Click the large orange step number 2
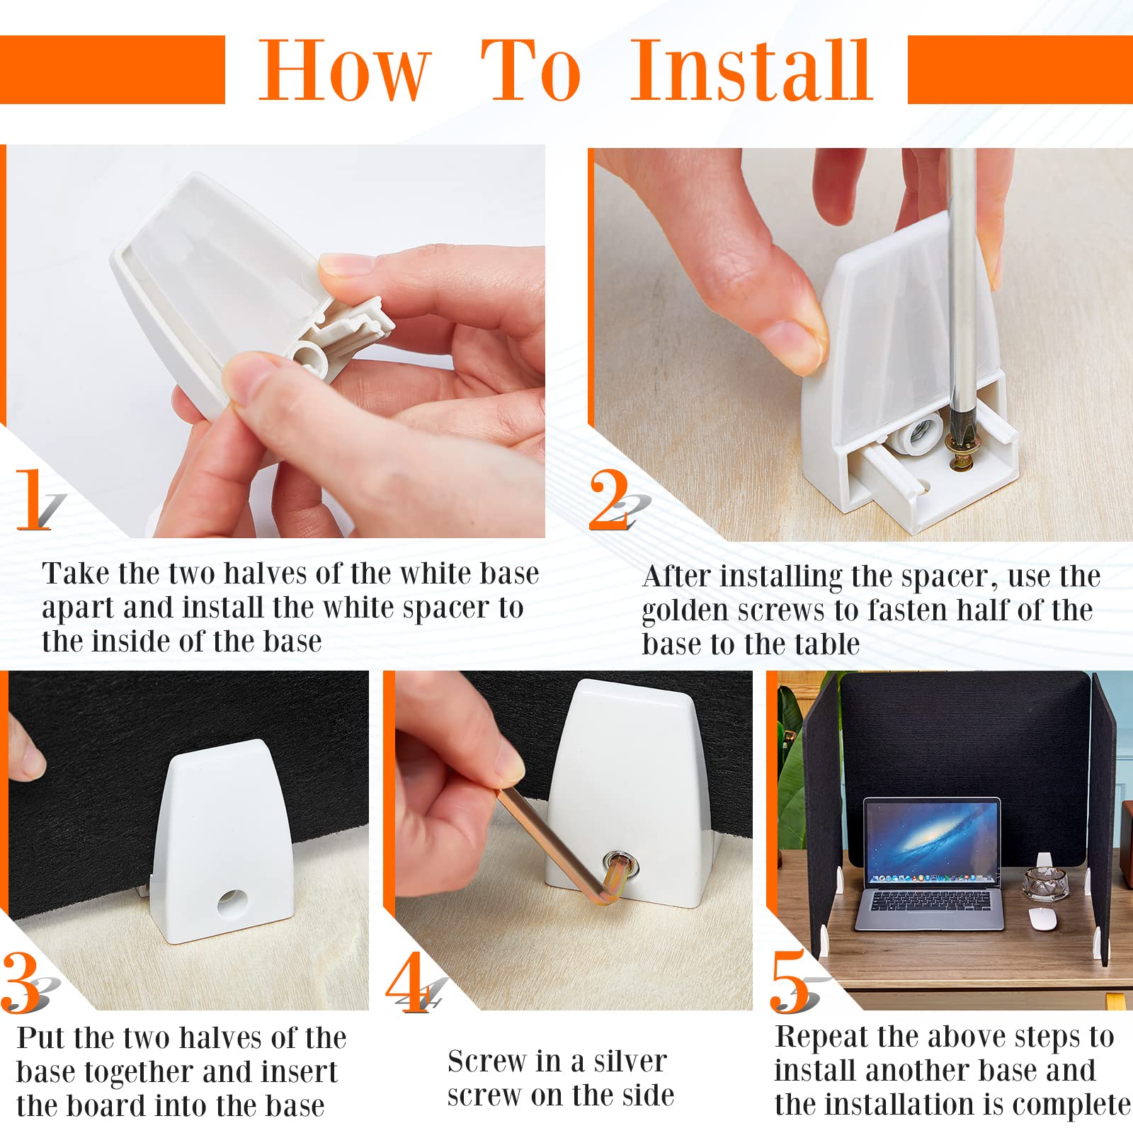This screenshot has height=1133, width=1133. pyautogui.click(x=609, y=499)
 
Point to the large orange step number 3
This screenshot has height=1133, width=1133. pyautogui.click(x=21, y=982)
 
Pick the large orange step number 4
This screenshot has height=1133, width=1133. pyautogui.click(x=408, y=982)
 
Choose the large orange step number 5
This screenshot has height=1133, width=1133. pyautogui.click(x=790, y=982)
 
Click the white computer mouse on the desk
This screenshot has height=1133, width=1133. pyautogui.click(x=1042, y=919)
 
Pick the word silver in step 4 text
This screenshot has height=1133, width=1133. pyautogui.click(x=630, y=1061)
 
